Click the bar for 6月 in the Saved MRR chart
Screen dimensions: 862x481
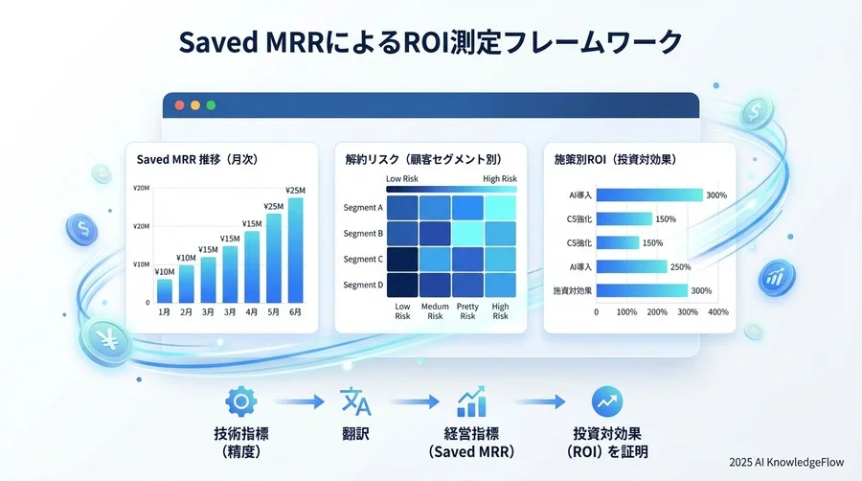(x=295, y=250)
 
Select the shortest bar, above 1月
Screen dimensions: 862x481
(x=165, y=290)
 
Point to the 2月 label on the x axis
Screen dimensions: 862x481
(x=187, y=312)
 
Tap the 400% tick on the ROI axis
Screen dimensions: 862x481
(x=718, y=312)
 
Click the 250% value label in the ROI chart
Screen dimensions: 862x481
(x=681, y=267)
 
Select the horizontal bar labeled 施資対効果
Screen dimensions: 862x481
(x=642, y=290)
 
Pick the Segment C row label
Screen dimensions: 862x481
(x=363, y=259)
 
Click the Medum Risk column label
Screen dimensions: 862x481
(x=435, y=311)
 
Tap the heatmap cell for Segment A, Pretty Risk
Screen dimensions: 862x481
(x=467, y=208)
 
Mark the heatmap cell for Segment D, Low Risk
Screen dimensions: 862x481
(x=402, y=285)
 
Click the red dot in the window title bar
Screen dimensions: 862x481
(x=179, y=105)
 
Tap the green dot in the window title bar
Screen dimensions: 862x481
(x=211, y=105)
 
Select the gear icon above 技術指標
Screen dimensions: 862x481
(x=240, y=401)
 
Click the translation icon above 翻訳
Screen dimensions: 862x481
(x=355, y=401)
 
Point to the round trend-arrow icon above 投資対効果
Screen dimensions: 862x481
(x=607, y=401)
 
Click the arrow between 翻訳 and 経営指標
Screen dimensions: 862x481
(x=415, y=401)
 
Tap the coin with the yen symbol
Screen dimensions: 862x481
(x=106, y=342)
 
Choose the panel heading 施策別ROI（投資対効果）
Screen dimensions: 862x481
(x=615, y=159)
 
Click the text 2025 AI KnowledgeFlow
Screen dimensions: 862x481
(x=786, y=462)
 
